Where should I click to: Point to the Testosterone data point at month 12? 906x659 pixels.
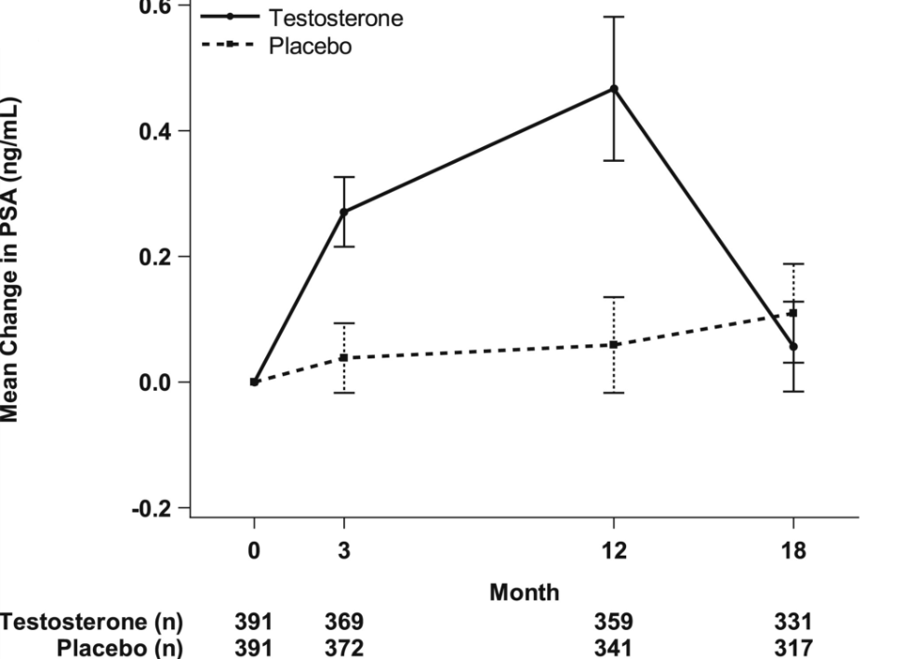[614, 88]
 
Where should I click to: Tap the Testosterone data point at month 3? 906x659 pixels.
[344, 212]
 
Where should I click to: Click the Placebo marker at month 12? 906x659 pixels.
[614, 345]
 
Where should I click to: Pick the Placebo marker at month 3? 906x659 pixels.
[344, 358]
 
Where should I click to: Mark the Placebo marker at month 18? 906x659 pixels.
[793, 314]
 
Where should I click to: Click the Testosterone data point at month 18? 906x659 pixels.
[793, 347]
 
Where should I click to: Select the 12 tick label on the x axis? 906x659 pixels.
[614, 550]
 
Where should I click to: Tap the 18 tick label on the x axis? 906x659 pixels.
[793, 550]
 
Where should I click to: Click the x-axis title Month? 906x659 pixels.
[525, 591]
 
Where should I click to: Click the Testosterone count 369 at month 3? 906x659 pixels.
[344, 622]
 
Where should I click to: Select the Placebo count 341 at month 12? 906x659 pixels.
[614, 646]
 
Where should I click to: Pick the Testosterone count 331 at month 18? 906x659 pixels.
[793, 622]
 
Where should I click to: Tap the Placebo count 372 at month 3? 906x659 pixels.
[344, 646]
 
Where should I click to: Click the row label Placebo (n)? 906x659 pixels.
[120, 646]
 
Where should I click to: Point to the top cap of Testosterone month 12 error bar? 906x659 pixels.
[614, 17]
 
